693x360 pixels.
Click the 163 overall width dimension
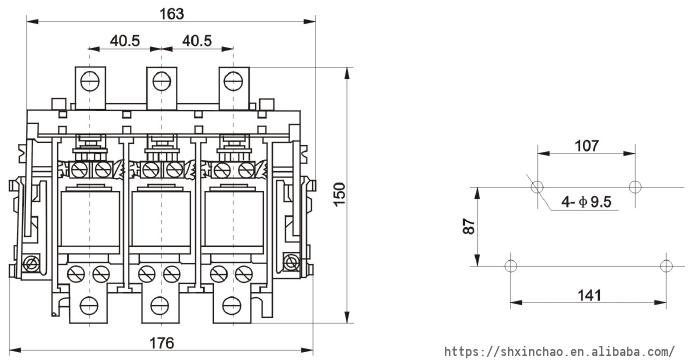click(x=171, y=14)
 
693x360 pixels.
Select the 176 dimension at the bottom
click(x=161, y=343)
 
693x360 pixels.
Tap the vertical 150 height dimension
click(x=339, y=194)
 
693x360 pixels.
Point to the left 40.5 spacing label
click(x=125, y=41)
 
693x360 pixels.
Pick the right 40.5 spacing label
click(x=197, y=41)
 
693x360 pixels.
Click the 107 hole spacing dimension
click(x=586, y=145)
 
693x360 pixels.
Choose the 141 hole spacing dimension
click(x=590, y=295)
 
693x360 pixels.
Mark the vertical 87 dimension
click(x=469, y=226)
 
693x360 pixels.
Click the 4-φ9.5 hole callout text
click(x=586, y=202)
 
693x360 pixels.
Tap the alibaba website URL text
click(x=559, y=352)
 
